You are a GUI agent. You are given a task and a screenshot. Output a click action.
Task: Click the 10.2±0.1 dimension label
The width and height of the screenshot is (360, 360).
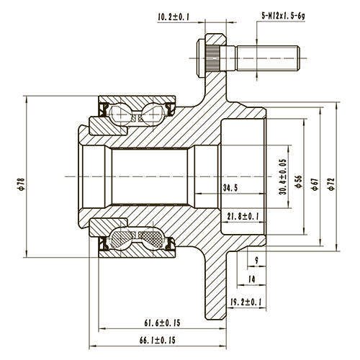[x=173, y=17]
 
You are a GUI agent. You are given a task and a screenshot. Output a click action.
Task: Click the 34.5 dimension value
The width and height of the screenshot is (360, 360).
[x=230, y=188]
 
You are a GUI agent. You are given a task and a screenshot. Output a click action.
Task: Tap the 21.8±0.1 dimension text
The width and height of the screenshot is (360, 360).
[x=243, y=216]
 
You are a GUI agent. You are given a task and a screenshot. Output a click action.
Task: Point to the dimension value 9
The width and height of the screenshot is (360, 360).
[x=256, y=261]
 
